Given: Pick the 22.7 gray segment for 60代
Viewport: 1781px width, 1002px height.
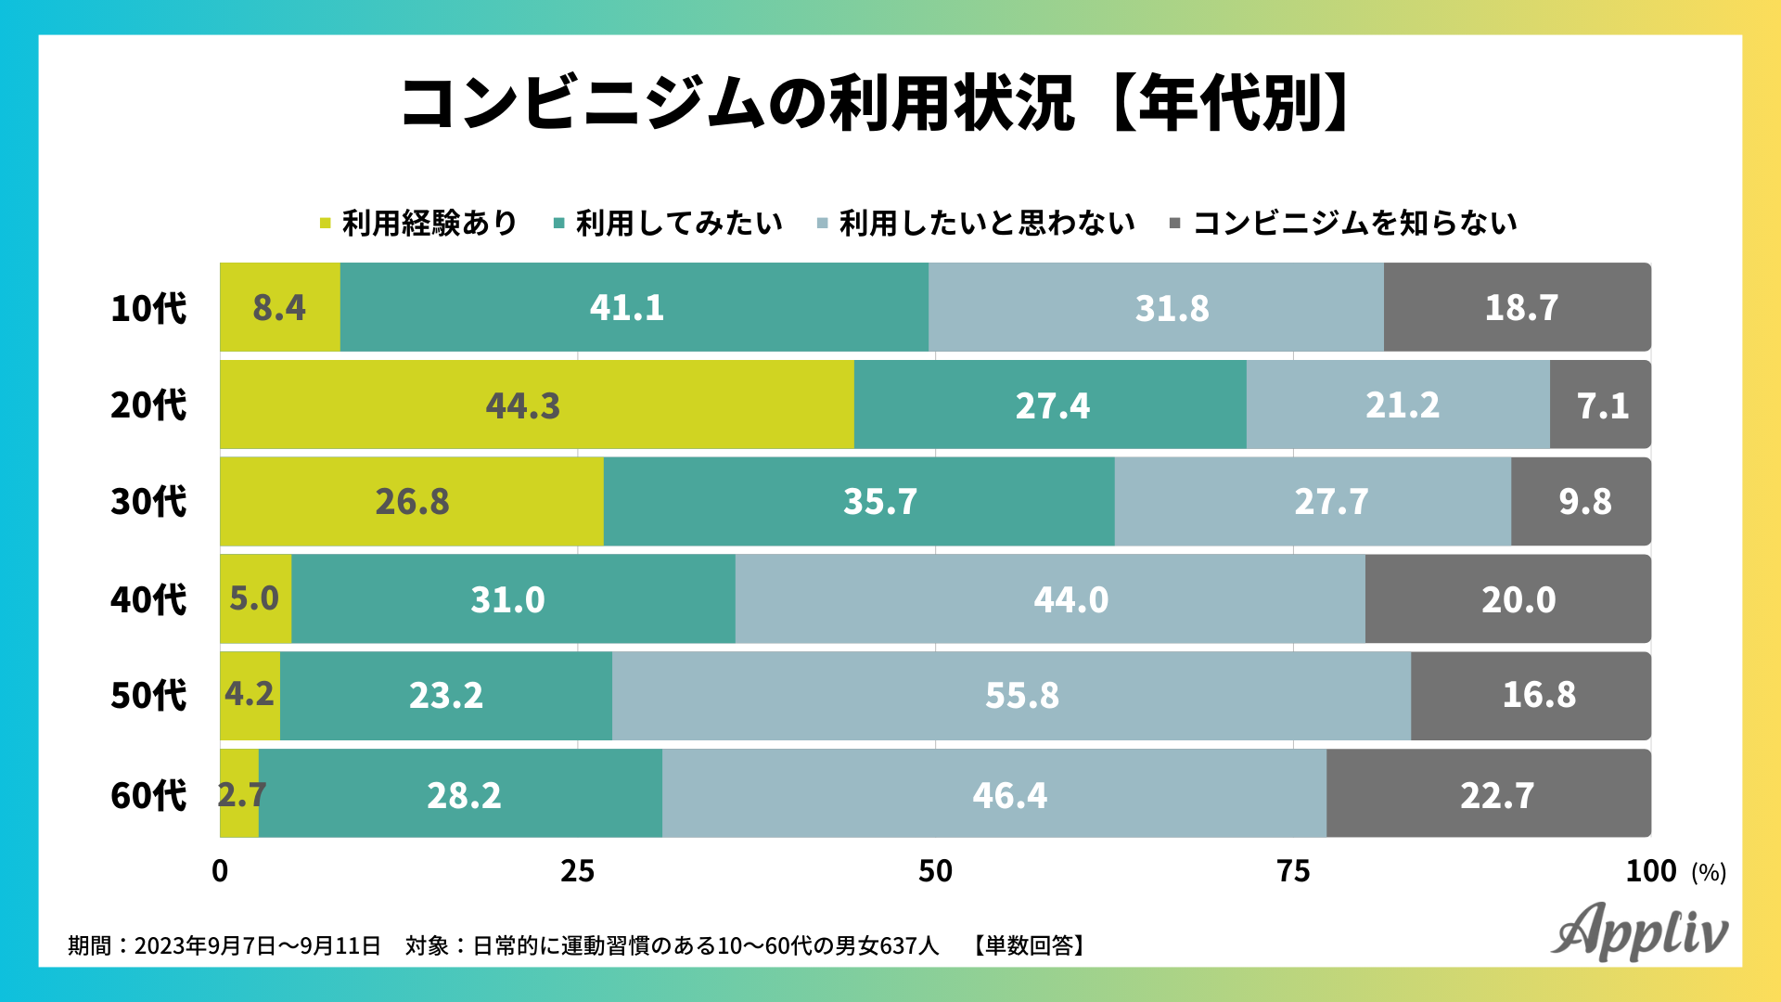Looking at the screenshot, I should [x=1488, y=794].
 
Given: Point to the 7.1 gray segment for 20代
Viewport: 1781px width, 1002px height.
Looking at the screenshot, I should [x=1601, y=405].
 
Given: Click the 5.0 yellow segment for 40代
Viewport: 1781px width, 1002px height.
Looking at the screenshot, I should [x=255, y=598].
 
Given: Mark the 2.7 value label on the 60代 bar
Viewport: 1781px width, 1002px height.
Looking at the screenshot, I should [x=241, y=794].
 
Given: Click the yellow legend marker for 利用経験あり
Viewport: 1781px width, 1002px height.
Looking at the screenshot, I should [x=325, y=223].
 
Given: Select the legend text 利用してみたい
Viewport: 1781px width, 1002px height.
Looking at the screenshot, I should [x=679, y=223].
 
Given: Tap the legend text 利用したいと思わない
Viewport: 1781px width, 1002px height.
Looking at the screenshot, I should [x=987, y=223].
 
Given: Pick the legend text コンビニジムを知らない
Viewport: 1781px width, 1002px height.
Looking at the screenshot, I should [x=1354, y=223].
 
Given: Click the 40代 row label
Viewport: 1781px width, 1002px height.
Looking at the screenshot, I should [x=148, y=599].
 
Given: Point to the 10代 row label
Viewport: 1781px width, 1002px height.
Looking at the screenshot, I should [x=148, y=308].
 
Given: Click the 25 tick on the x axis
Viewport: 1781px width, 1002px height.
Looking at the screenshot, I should [x=577, y=871].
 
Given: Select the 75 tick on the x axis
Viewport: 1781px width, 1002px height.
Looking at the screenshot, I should [x=1293, y=871].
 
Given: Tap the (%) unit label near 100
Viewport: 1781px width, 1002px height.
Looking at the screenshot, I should [x=1709, y=873].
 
